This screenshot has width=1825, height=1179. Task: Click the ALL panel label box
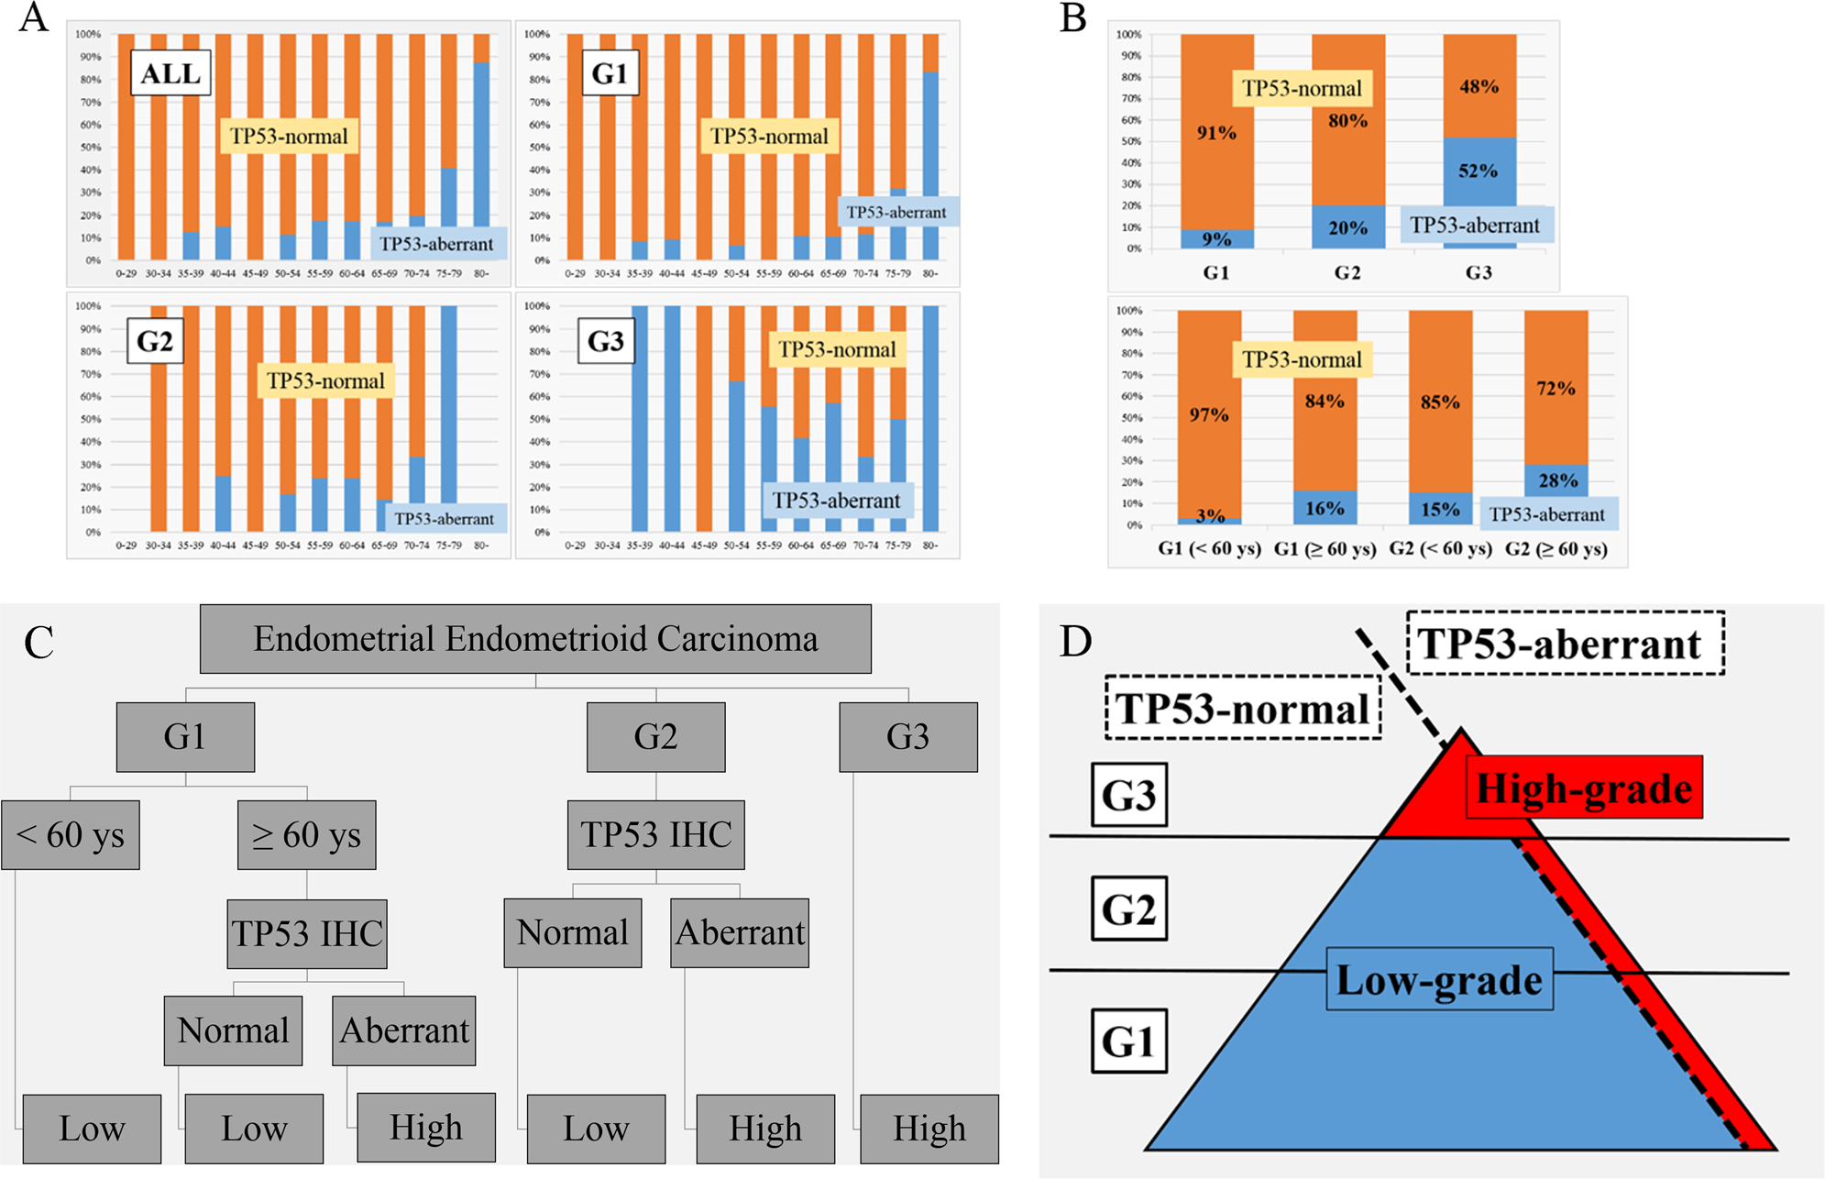pos(170,73)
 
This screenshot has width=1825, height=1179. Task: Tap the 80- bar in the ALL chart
pos(481,147)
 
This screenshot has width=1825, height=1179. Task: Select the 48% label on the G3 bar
pos(1479,87)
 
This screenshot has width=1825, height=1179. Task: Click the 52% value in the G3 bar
pos(1478,171)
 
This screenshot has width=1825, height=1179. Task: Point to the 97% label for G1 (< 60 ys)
pos(1209,415)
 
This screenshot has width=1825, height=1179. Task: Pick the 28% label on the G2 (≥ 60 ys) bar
pos(1557,480)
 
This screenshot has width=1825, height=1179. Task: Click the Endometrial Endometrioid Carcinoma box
pos(535,639)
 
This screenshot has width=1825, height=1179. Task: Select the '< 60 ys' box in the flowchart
pos(71,835)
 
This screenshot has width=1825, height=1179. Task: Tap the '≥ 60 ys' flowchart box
pos(306,835)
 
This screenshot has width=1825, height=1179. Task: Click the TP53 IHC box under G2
pos(655,835)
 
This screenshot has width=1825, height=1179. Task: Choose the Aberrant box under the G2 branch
pos(740,933)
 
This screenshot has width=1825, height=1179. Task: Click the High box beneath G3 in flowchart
pos(929,1129)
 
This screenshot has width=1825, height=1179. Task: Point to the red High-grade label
pos(1584,788)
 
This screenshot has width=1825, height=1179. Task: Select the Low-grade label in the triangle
pos(1439,980)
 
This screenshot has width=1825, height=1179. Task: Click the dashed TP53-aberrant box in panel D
pos(1566,645)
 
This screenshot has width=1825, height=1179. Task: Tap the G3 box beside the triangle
pos(1128,795)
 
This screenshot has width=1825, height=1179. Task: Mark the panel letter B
pos(1073,18)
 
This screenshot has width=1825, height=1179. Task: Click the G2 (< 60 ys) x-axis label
pos(1440,549)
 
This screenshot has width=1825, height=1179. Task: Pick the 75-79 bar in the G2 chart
pos(449,418)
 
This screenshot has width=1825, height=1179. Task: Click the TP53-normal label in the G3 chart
pos(837,350)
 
